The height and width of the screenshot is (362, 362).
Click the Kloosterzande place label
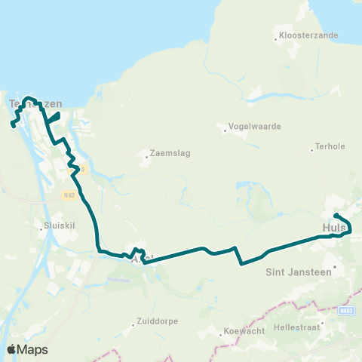(308, 35)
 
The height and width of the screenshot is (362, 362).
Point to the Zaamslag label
(170, 152)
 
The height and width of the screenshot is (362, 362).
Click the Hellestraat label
(300, 328)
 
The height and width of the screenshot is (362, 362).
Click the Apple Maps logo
(27, 349)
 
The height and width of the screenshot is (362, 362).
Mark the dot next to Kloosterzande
(275, 35)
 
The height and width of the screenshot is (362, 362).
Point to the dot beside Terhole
(312, 149)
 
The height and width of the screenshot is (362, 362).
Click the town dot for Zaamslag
(146, 158)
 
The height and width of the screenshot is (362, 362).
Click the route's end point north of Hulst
(335, 214)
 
